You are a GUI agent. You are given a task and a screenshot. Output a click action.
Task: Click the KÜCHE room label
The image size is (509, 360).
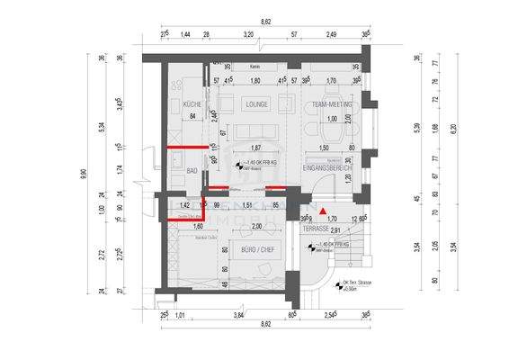click(192, 105)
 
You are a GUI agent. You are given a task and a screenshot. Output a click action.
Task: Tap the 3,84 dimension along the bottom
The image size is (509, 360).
click(237, 316)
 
